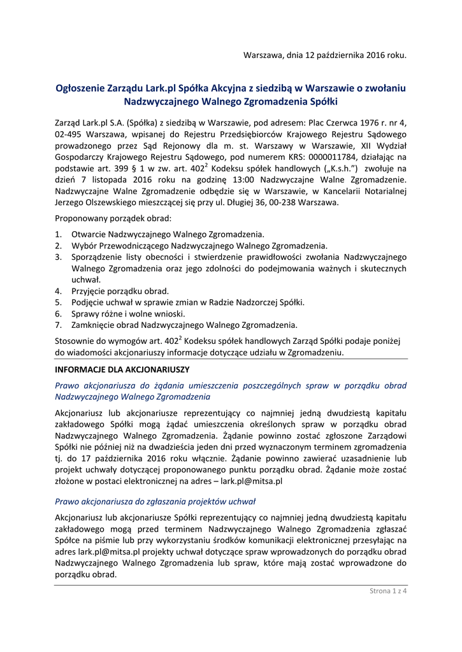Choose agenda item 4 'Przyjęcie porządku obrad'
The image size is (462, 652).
pos(120,290)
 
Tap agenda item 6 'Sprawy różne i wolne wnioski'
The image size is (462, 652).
pos(127,313)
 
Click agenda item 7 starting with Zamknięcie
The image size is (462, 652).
pos(184,325)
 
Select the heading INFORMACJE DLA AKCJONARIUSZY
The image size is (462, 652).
pos(122,369)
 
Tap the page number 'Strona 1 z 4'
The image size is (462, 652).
pos(388,591)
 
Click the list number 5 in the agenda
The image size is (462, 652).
pos(58,302)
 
